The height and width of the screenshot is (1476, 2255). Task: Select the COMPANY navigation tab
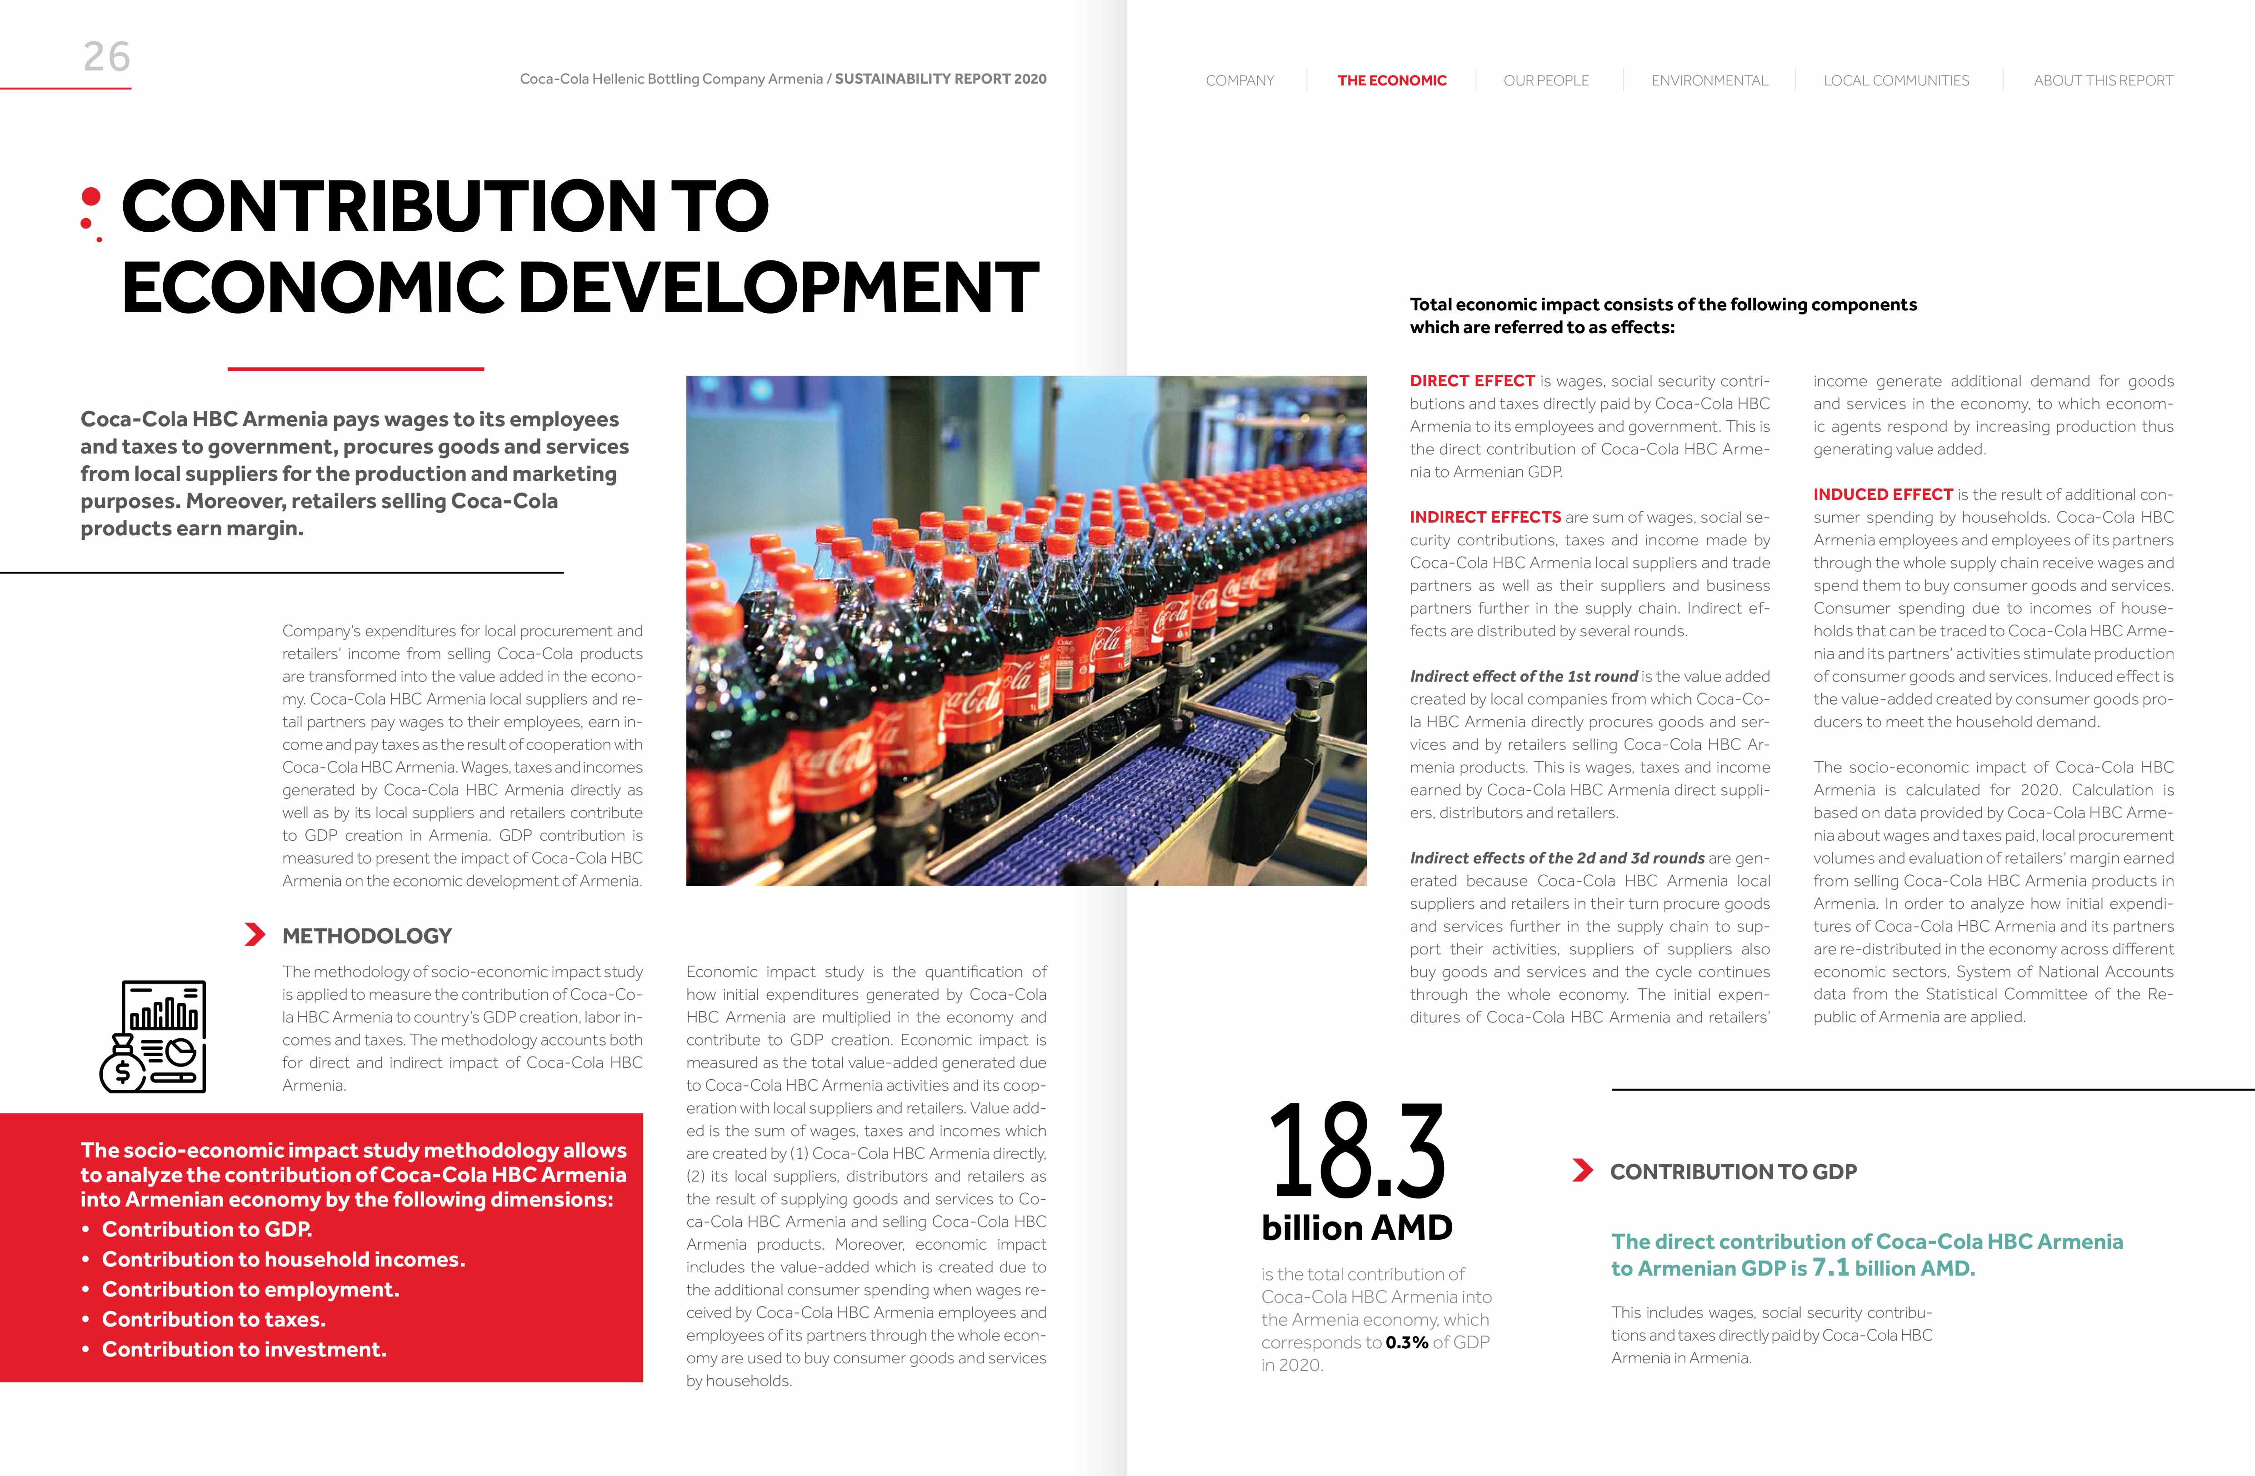[1239, 80]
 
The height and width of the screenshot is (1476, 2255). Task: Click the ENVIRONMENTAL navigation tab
[1709, 80]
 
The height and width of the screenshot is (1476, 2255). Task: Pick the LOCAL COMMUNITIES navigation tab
[1896, 80]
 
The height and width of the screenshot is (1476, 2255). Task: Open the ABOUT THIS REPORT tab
[2102, 80]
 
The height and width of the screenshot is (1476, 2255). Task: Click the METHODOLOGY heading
[367, 936]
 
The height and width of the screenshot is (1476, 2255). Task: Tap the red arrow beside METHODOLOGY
[254, 935]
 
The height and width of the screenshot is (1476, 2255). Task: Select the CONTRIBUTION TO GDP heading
[1733, 1172]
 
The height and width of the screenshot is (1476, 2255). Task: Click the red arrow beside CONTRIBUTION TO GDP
[1581, 1171]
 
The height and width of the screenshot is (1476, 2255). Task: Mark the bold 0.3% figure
[1406, 1342]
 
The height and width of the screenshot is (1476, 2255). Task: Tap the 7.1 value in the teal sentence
[1830, 1267]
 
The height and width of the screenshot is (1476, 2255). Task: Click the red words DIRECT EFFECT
[1471, 381]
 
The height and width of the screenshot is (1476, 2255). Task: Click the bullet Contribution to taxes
[213, 1320]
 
